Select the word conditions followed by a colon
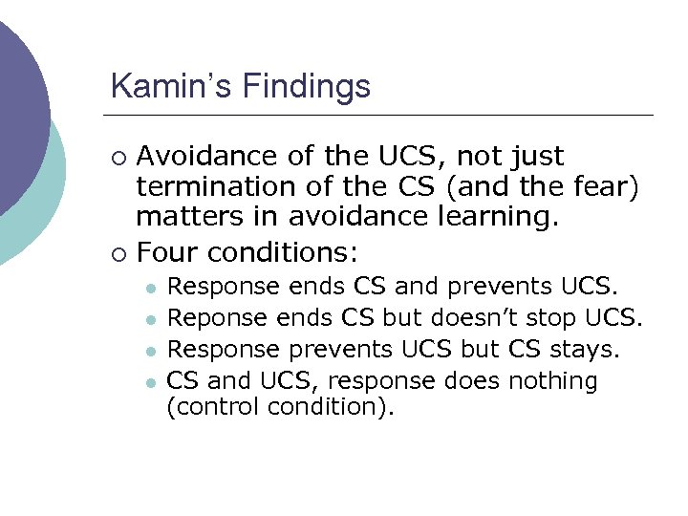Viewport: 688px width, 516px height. (283, 253)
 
